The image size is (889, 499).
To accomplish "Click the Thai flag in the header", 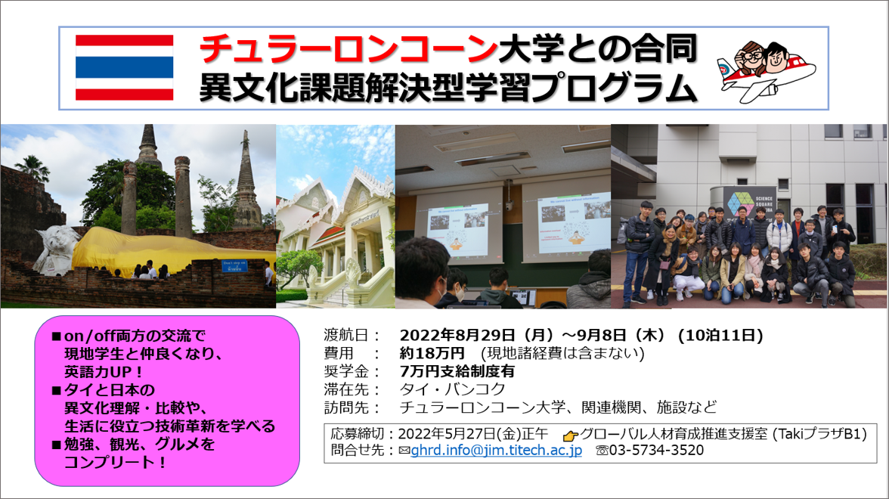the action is [124, 67].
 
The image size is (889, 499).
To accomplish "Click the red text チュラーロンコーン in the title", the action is [348, 48].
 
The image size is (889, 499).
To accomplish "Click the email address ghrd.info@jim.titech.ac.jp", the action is [496, 451].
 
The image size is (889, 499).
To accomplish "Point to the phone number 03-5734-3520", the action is [656, 451].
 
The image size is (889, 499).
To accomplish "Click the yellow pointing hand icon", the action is [570, 435].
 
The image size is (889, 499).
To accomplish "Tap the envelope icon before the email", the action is [404, 451].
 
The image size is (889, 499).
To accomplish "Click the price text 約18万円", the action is [432, 353].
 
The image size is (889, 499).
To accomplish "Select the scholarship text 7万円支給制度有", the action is [457, 371].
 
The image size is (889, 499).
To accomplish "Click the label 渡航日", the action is [346, 335].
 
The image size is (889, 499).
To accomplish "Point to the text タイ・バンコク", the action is [452, 389].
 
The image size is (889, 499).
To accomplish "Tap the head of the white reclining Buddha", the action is [57, 249].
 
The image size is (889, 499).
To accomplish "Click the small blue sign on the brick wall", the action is [234, 265].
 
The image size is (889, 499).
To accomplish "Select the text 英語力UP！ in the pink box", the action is [104, 372].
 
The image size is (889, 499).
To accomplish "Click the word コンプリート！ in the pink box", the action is [116, 462].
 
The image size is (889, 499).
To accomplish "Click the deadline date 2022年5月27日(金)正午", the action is [473, 434].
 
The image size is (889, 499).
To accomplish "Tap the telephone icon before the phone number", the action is [602, 451].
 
